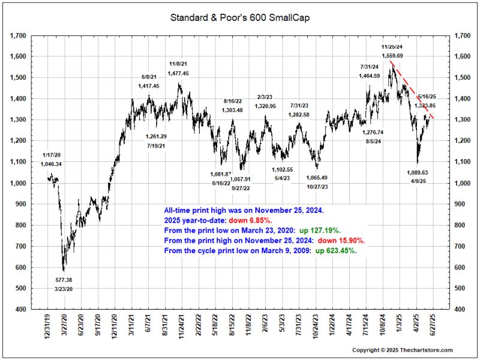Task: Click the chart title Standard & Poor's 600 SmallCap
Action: point(240,17)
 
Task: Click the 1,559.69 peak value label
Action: point(392,56)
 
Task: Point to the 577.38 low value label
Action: point(64,280)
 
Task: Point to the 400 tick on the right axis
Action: point(464,310)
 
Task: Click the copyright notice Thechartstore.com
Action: point(402,350)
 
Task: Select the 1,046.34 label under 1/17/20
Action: point(51,164)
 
